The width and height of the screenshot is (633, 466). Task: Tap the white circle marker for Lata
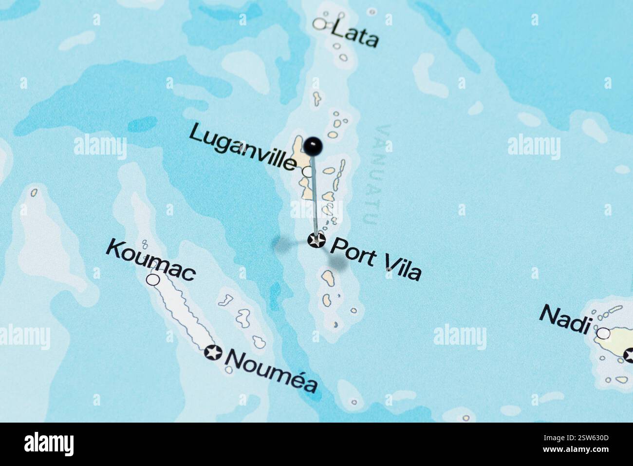pyautogui.click(x=319, y=23)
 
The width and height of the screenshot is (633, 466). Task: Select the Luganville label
pyautogui.click(x=242, y=147)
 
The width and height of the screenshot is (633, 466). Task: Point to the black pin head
pyautogui.click(x=314, y=145)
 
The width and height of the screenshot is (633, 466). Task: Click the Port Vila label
pyautogui.click(x=375, y=258)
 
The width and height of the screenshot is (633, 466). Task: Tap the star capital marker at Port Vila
pyautogui.click(x=317, y=240)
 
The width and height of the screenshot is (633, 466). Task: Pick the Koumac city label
pyautogui.click(x=151, y=260)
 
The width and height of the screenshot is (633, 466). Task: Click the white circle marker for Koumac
pyautogui.click(x=153, y=279)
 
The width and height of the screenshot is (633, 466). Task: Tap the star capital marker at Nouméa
pyautogui.click(x=213, y=352)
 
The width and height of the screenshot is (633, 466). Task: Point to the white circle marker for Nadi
pyautogui.click(x=603, y=333)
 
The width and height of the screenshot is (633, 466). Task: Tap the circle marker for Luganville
pyautogui.click(x=308, y=172)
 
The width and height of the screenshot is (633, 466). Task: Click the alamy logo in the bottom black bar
pyautogui.click(x=49, y=444)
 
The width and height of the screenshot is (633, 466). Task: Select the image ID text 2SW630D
pyautogui.click(x=585, y=444)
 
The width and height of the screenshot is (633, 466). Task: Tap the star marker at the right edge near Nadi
pyautogui.click(x=629, y=354)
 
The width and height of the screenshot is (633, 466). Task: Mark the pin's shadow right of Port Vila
pyautogui.click(x=337, y=262)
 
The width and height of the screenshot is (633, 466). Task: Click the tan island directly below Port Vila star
pyautogui.click(x=327, y=278)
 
